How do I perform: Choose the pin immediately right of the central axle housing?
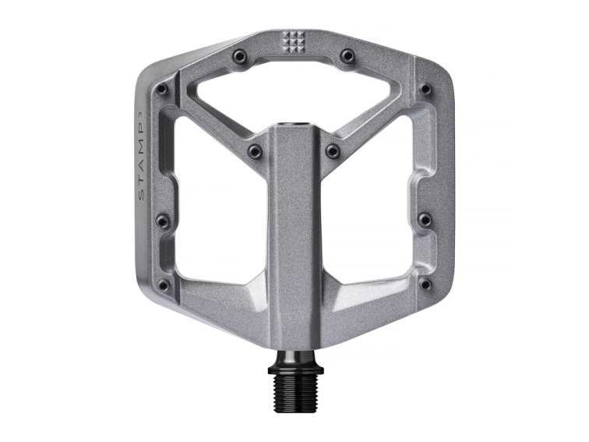click(333, 150)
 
